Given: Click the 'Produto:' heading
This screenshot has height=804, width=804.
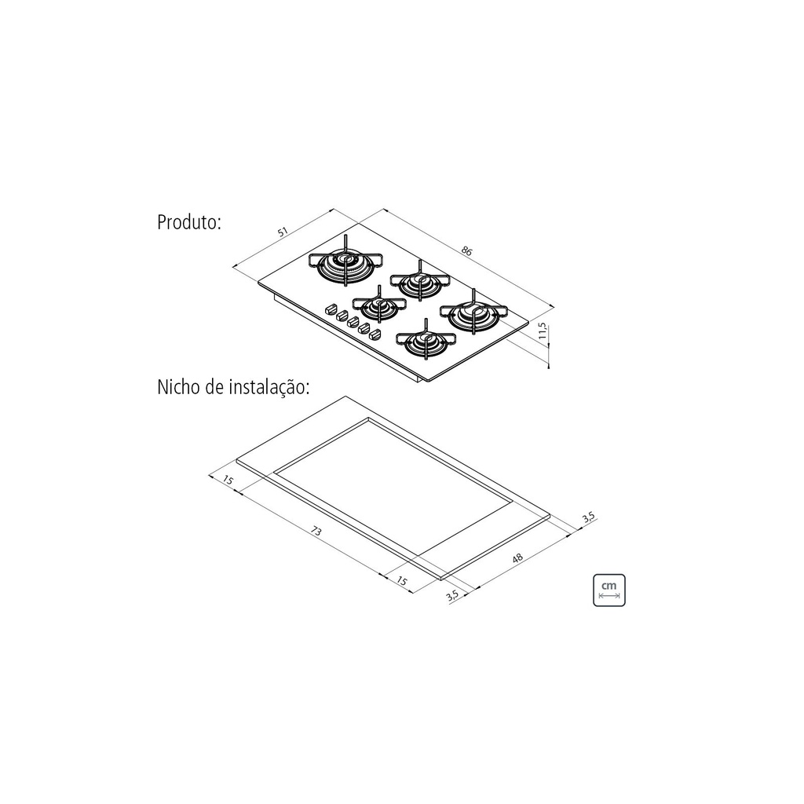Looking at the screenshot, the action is pyautogui.click(x=189, y=222).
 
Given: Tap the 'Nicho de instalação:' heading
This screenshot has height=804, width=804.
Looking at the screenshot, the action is pyautogui.click(x=233, y=387).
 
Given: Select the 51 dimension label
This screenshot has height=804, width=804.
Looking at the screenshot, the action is pyautogui.click(x=283, y=232).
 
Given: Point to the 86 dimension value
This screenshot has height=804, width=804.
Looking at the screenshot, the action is pyautogui.click(x=466, y=250).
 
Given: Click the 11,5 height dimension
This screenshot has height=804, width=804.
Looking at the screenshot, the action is pyautogui.click(x=543, y=332).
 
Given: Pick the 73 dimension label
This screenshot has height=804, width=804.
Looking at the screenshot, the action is pyautogui.click(x=316, y=532).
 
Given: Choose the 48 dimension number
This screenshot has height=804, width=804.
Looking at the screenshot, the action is pyautogui.click(x=517, y=557).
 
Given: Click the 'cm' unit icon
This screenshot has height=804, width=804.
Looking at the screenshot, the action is pyautogui.click(x=609, y=590).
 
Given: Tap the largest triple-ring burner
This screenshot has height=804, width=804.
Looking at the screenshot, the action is pyautogui.click(x=346, y=265).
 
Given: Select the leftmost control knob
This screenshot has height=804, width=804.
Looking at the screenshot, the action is pyautogui.click(x=331, y=309).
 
